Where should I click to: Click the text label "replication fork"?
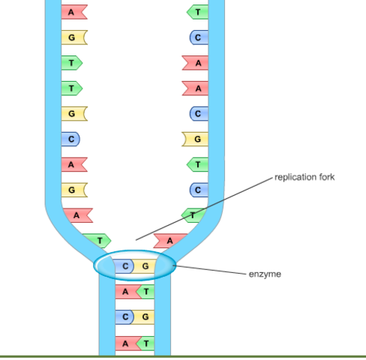pyautogui.click(x=304, y=177)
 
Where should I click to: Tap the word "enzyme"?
pyautogui.click(x=265, y=274)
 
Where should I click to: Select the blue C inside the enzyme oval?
pyautogui.click(x=125, y=265)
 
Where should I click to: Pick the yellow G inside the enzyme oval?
pyautogui.click(x=145, y=265)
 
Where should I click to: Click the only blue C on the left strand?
pyautogui.click(x=71, y=139)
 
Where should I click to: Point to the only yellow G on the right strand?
pyautogui.click(x=196, y=139)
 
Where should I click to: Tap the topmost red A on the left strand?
pyautogui.click(x=72, y=12)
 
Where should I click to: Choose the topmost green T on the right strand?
pyautogui.click(x=198, y=12)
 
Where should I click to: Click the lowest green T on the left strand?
pyautogui.click(x=98, y=240)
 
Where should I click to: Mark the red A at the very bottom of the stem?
pyautogui.click(x=125, y=343)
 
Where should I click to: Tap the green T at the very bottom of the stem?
pyautogui.click(x=145, y=343)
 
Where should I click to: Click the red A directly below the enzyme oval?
pyautogui.click(x=125, y=291)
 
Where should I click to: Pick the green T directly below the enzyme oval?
pyautogui.click(x=145, y=291)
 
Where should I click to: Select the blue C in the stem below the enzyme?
pyautogui.click(x=125, y=316)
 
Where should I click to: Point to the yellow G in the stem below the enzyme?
pyautogui.click(x=145, y=316)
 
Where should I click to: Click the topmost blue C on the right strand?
pyautogui.click(x=198, y=37)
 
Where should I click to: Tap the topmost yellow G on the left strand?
pyautogui.click(x=72, y=37)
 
